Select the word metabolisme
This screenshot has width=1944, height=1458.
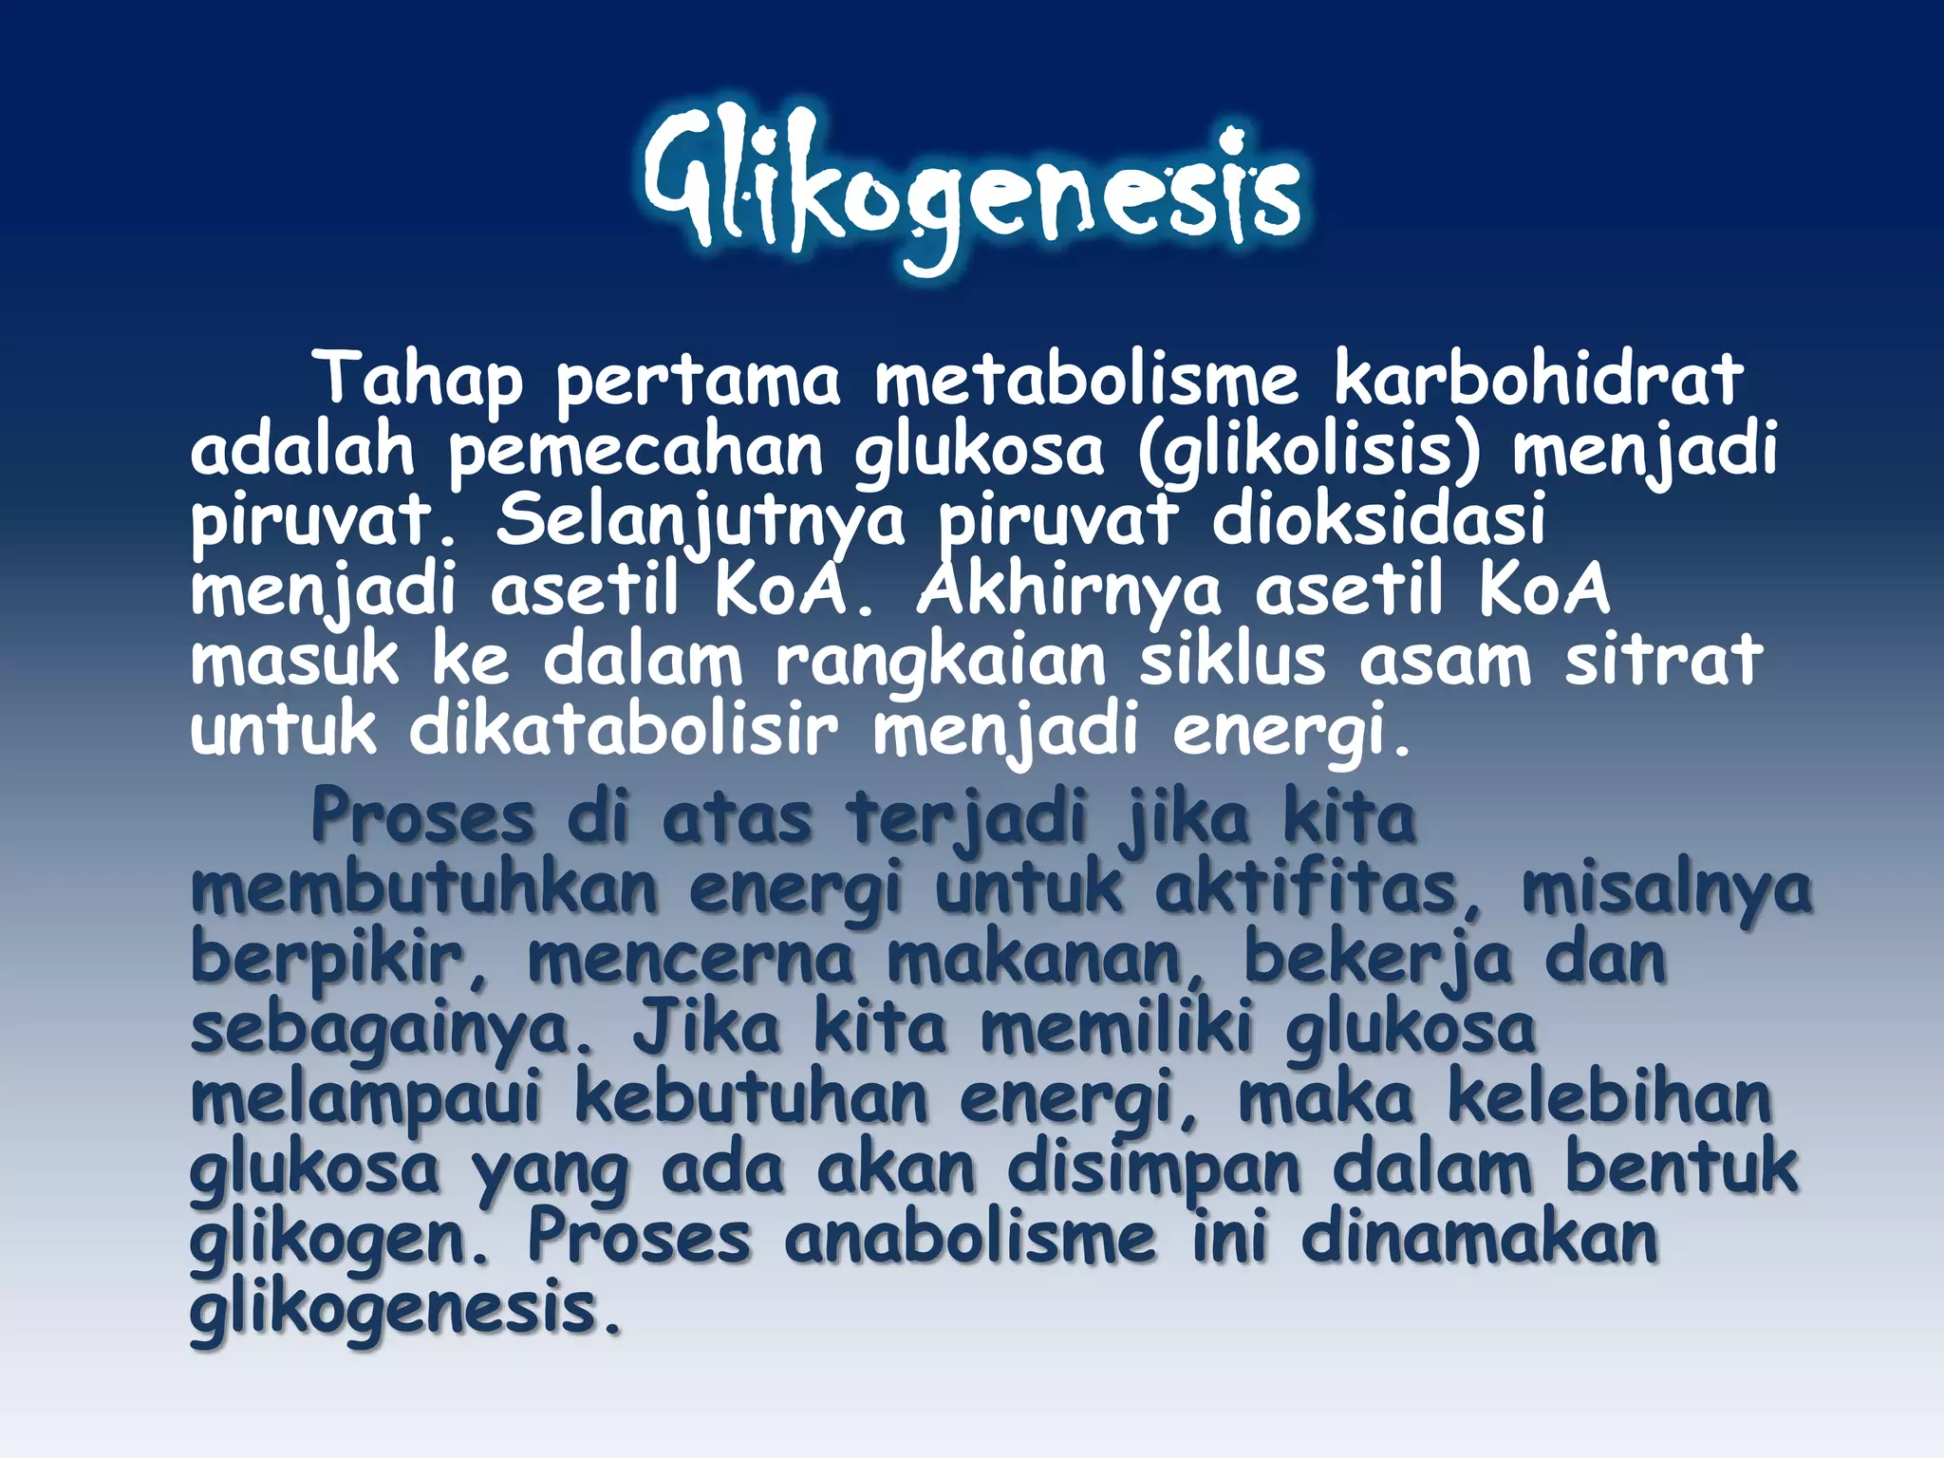(1086, 378)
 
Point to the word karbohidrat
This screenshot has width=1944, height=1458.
(1539, 378)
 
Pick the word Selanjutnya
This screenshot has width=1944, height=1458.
(701, 522)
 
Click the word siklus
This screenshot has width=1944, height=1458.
(1232, 660)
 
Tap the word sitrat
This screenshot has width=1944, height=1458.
(1663, 660)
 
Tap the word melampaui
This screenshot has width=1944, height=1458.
(365, 1101)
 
